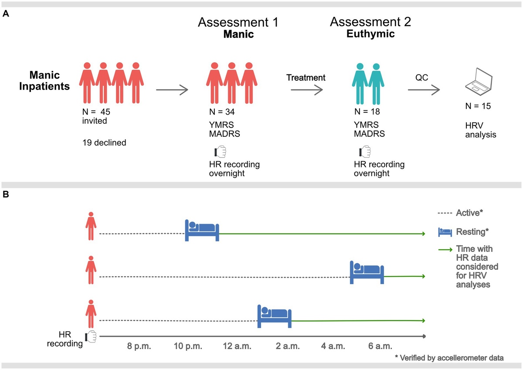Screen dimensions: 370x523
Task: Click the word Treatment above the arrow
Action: [306, 78]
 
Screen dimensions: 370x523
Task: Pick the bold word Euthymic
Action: [370, 34]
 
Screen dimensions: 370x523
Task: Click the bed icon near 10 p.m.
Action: [202, 230]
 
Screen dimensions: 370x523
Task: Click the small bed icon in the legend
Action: [445, 232]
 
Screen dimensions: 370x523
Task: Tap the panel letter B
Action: [6, 194]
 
